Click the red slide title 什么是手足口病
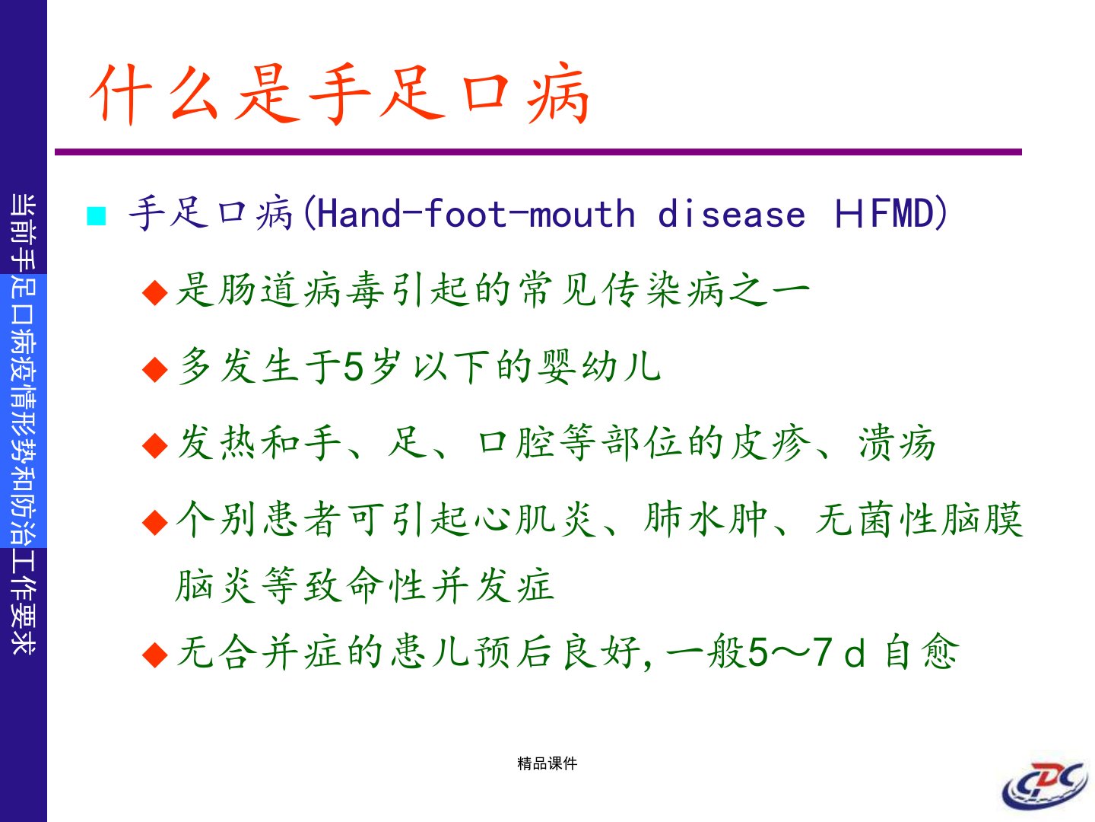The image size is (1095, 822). pos(340,94)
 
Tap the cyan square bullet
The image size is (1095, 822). pos(97,216)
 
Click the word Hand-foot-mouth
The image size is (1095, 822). pos(476,214)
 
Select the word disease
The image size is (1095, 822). pos(732,214)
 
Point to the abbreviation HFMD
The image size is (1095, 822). pos(884,213)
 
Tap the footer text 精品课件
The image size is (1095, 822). pos(547,763)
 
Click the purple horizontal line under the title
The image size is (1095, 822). pos(538,151)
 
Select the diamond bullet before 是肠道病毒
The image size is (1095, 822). pos(155,292)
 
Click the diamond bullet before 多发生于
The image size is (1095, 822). pos(155,369)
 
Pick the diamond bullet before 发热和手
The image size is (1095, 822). pos(155,445)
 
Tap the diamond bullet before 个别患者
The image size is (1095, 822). pos(155,522)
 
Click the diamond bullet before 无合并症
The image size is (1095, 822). pos(155,655)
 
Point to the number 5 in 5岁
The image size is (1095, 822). pos(354,367)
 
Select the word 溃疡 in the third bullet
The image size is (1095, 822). pos(897,443)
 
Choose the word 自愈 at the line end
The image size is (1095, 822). pos(922,652)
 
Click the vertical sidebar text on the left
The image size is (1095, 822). pos(24,424)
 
